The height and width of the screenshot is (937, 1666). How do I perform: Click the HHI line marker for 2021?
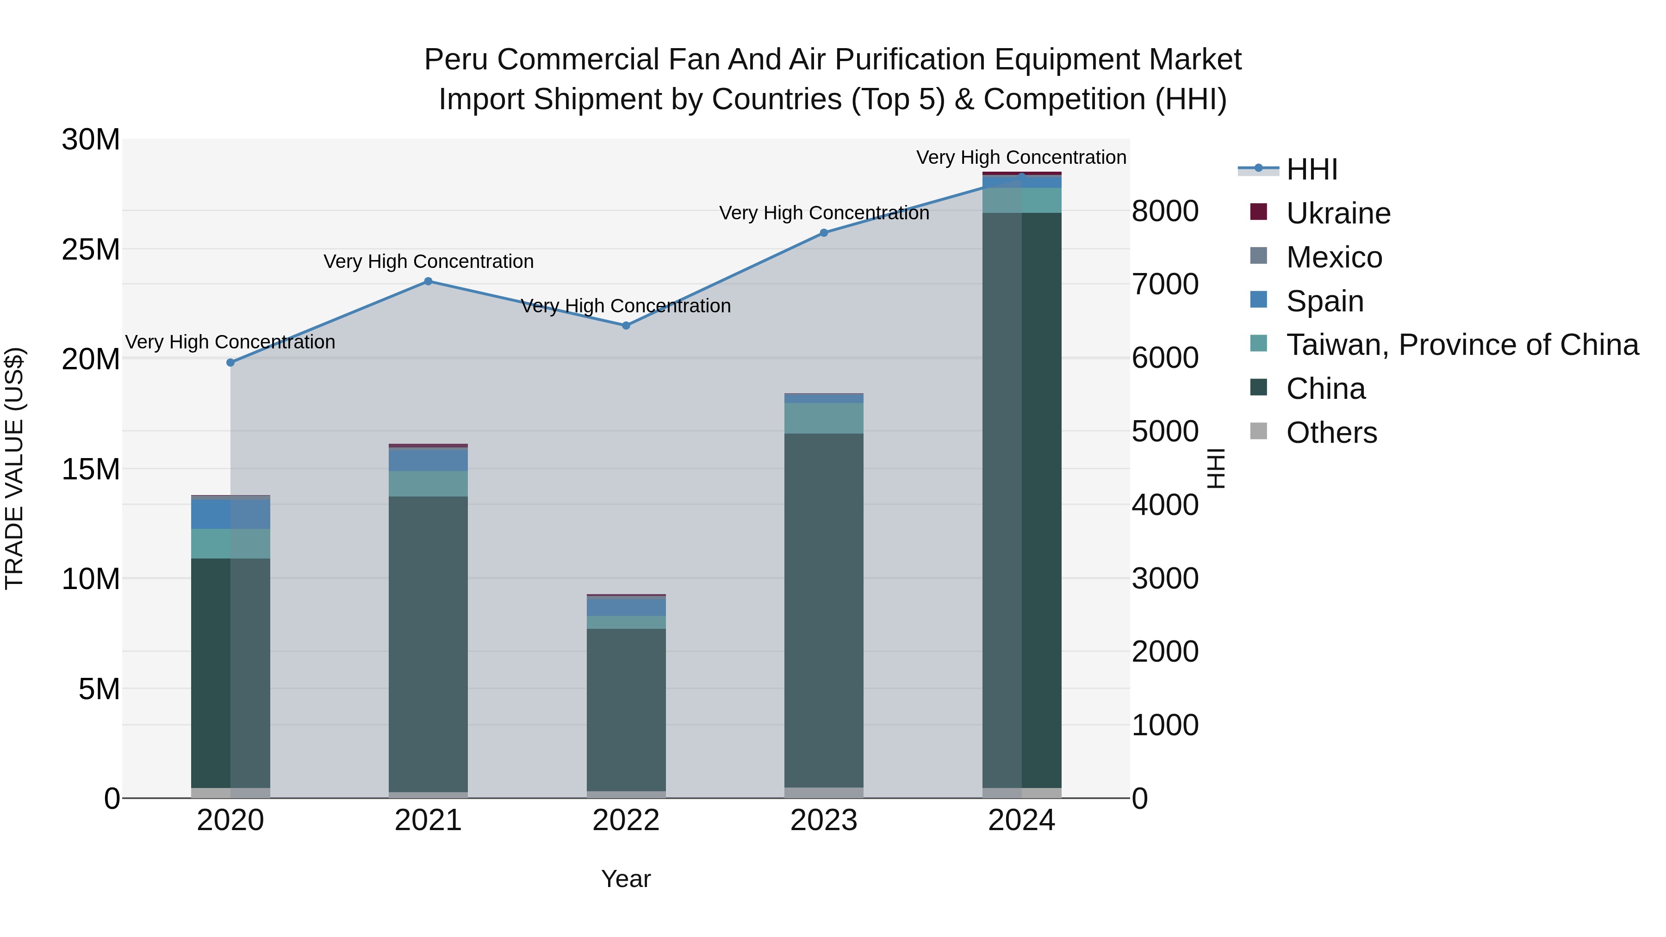point(428,281)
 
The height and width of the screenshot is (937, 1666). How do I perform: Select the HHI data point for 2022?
point(626,326)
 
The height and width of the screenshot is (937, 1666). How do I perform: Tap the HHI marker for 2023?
point(824,233)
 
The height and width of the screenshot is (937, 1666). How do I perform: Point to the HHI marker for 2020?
point(230,363)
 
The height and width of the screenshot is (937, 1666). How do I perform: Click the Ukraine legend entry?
point(1337,213)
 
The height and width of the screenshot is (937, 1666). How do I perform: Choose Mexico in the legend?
point(1334,257)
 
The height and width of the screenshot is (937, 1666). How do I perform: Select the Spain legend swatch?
point(1259,300)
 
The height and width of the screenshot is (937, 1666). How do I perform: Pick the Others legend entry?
point(1331,433)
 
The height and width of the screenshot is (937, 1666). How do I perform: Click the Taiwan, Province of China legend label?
point(1461,345)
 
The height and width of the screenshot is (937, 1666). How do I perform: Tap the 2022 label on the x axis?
point(626,820)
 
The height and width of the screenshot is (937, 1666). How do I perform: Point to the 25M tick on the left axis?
point(91,249)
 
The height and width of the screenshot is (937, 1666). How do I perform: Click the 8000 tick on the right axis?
point(1165,211)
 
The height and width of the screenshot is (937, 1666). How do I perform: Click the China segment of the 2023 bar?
point(824,608)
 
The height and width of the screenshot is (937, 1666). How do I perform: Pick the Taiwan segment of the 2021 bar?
point(428,484)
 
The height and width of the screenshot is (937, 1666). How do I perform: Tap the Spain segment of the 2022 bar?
point(626,607)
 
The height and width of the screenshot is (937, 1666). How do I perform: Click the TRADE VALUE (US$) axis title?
point(14,468)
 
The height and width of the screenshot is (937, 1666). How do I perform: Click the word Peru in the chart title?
point(457,60)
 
